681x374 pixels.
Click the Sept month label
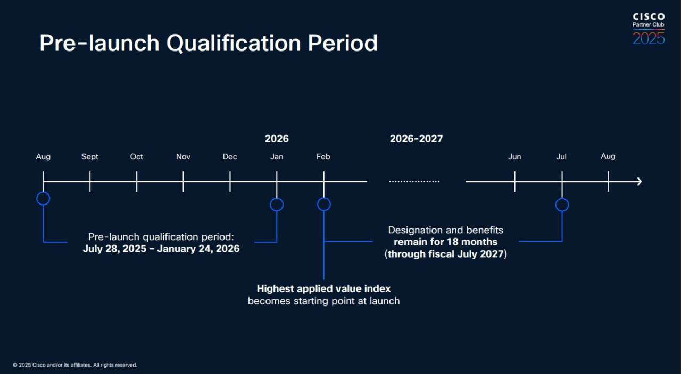tap(90, 157)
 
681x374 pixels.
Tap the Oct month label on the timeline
tap(136, 157)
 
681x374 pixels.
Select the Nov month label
tap(183, 157)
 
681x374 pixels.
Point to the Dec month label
tap(230, 157)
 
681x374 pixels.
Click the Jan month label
tap(277, 157)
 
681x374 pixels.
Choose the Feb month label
tap(323, 157)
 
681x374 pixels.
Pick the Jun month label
tap(514, 157)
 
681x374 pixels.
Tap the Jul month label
tap(561, 157)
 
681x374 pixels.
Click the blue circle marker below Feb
tap(323, 205)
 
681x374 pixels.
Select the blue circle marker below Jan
tap(277, 205)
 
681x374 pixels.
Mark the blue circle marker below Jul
tap(562, 205)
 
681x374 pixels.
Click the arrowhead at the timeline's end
tap(638, 182)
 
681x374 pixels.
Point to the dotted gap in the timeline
tap(414, 182)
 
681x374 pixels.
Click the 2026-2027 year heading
tap(416, 139)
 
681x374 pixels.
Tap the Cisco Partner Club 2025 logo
tap(649, 29)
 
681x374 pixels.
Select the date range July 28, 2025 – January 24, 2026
tap(161, 249)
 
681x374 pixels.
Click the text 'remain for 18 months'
tap(445, 242)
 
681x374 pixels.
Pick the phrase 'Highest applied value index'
tap(323, 289)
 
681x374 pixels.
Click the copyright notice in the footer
tap(75, 365)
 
